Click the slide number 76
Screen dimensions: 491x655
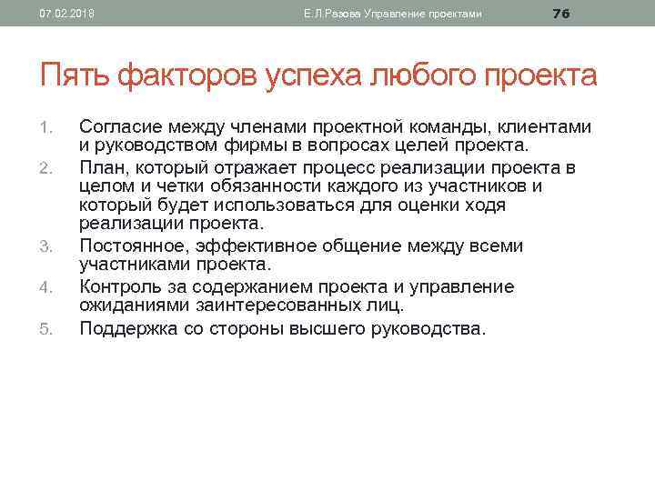click(561, 13)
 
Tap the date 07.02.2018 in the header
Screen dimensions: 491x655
click(60, 14)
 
